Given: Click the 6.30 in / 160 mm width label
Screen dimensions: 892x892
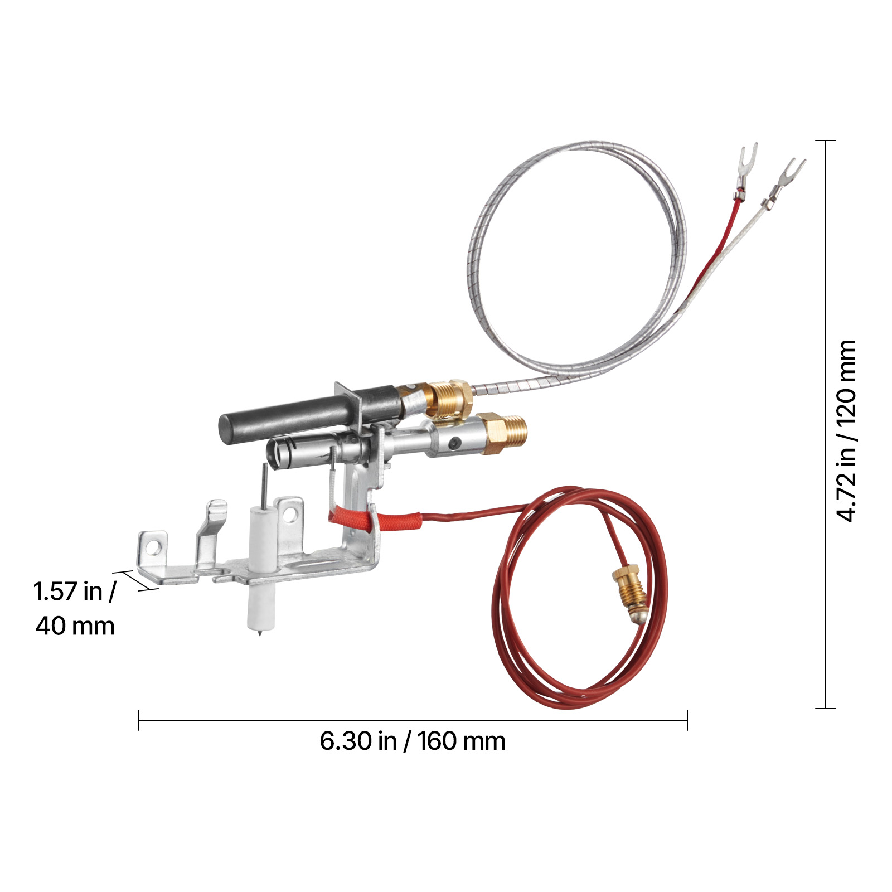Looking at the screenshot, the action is (413, 741).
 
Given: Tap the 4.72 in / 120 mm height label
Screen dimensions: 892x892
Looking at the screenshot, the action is (847, 431).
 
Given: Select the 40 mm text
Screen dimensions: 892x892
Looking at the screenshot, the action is (75, 626).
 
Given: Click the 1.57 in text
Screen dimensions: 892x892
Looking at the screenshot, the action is (75, 592).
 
